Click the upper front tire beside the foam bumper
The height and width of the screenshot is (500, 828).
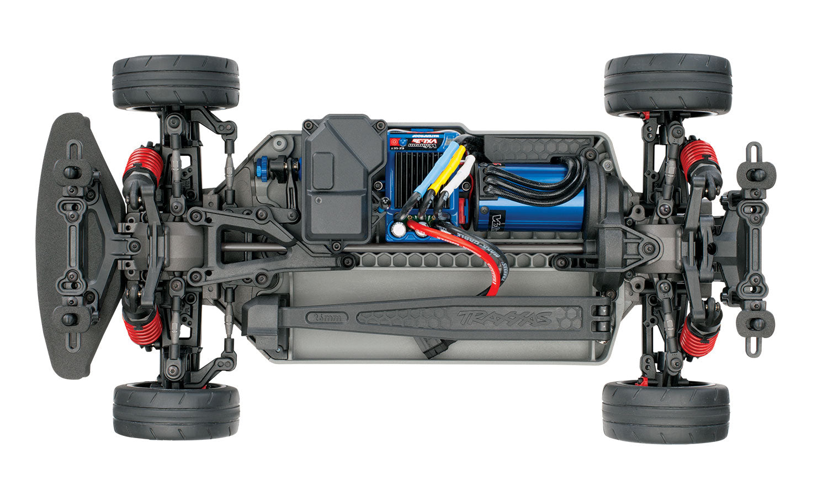click(x=176, y=82)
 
